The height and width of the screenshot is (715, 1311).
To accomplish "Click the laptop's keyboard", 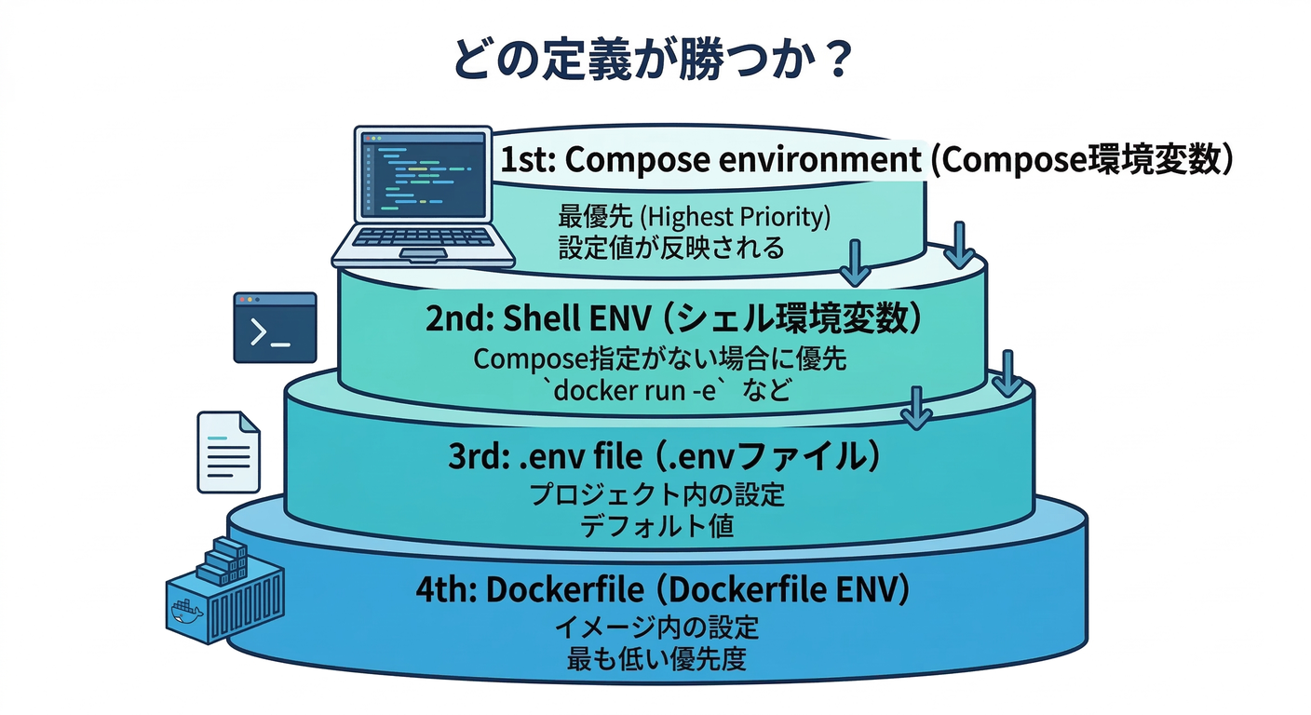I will (424, 240).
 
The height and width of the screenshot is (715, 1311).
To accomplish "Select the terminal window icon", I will (275, 327).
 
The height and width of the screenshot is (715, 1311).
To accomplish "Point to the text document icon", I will (228, 452).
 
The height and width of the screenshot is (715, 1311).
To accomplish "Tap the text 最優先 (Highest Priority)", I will (694, 217).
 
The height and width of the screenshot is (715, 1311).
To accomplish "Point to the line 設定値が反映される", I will (670, 248).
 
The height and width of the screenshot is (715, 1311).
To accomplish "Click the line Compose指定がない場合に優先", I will (660, 359).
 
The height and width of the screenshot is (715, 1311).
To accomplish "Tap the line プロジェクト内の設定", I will (657, 494).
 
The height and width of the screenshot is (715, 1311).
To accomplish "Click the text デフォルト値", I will (657, 526).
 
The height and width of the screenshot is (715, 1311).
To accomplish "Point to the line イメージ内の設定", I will (657, 627).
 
